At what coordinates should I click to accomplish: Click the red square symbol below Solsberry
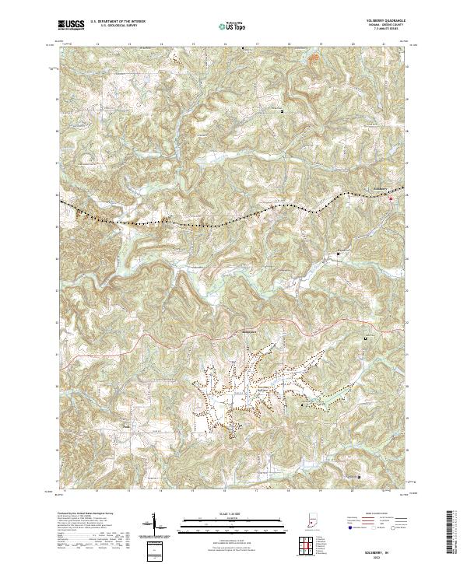click(391, 199)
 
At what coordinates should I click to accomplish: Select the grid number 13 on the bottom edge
click(128, 492)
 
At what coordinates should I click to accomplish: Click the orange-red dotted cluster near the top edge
click(314, 57)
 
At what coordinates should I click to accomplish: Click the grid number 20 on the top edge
click(353, 44)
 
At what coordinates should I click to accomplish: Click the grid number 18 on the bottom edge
click(289, 492)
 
